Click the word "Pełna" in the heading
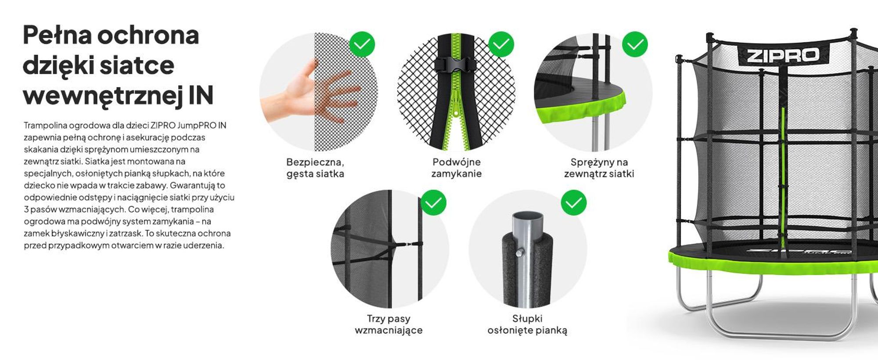point(57,35)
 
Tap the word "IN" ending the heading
point(201,95)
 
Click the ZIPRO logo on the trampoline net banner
point(783,55)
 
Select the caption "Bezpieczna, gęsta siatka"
point(315,168)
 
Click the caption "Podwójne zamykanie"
point(457,168)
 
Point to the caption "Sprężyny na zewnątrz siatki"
point(599,168)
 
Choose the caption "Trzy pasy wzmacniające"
point(389,324)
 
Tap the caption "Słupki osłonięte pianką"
point(527,324)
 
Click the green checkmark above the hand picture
point(362,44)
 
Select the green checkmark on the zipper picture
point(501,44)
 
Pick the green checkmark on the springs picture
point(635,44)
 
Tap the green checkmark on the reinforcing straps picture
point(433,202)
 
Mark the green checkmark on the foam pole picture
point(574,202)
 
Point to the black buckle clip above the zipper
point(456,65)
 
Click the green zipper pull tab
point(456,108)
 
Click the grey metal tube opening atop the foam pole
point(528,218)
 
